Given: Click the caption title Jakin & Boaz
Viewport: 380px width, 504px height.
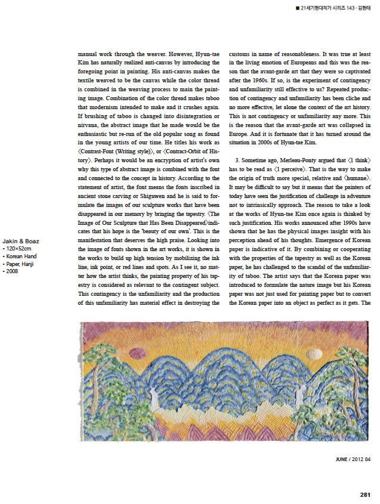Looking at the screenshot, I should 21,241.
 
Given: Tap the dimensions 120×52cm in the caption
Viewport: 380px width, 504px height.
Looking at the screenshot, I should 19,249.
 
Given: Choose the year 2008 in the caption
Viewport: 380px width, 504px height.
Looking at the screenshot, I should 12,271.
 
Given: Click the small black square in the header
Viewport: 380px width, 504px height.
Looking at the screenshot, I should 297,8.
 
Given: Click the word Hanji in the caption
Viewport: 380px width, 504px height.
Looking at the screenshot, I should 29,264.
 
